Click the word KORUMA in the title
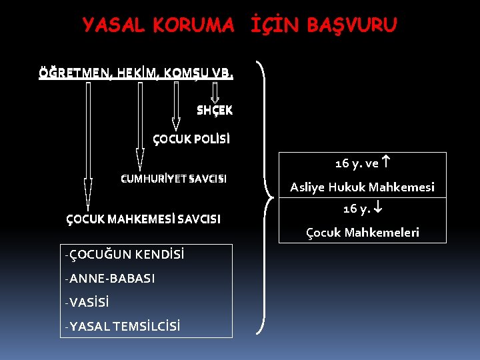coord(193,25)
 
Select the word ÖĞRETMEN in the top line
coord(75,71)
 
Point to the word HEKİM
coord(139,71)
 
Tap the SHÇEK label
coord(215,111)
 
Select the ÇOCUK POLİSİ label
coord(191,139)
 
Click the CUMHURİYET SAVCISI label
coord(173,179)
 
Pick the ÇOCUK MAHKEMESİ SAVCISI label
coord(143,219)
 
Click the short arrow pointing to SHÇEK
coord(215,94)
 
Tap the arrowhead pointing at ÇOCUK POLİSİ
coord(176,123)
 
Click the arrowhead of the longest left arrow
coord(88,193)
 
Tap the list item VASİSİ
coord(89,302)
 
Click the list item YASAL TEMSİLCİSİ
coord(125,326)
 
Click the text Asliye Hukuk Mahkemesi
coord(362,187)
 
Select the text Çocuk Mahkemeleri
coord(363,233)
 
